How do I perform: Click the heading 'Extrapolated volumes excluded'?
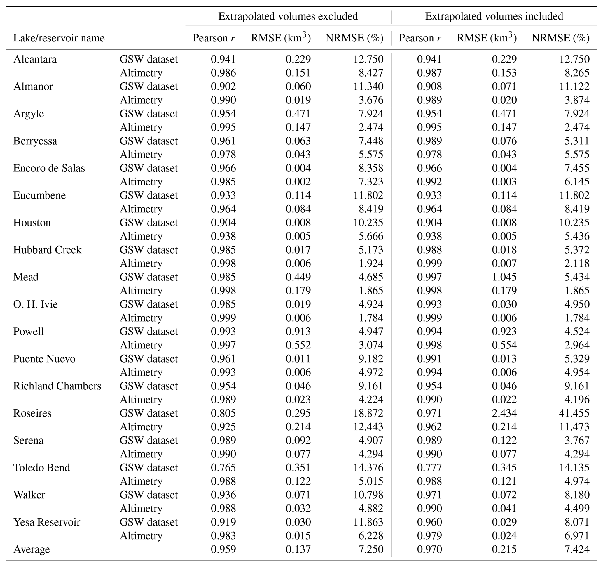coord(288,16)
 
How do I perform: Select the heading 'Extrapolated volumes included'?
coord(494,16)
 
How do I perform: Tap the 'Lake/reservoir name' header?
coord(59,38)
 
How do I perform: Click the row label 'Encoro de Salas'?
coord(49,168)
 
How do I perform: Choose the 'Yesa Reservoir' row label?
coord(47,522)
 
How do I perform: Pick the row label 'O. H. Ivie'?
coord(35,304)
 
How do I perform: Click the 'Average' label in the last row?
coord(31,549)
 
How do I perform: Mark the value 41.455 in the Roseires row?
coord(574,413)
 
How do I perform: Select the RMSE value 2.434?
coord(504,413)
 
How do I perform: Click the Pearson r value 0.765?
coord(223,468)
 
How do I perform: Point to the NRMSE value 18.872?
coord(368,413)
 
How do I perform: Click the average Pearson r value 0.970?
coord(429,549)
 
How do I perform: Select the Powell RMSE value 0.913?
coord(298,332)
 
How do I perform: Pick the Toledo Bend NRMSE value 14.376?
coord(368,468)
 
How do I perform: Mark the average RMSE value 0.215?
coord(504,549)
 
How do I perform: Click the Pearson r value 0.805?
coord(223,413)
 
